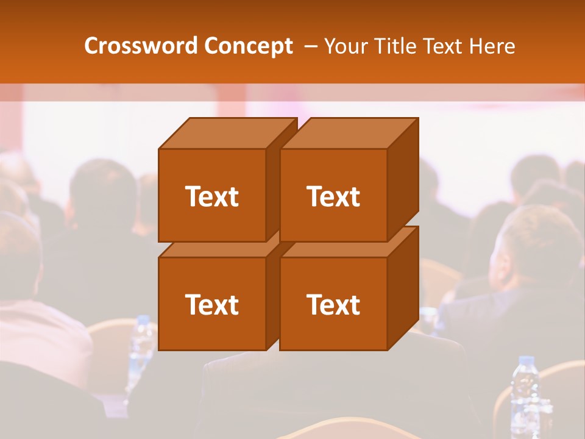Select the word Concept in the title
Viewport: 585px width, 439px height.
(x=248, y=46)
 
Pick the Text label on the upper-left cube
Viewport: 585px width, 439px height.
(x=211, y=196)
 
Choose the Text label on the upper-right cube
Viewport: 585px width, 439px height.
(x=333, y=196)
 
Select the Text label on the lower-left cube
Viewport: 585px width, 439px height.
(x=211, y=304)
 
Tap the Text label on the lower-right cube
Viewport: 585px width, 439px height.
(x=333, y=304)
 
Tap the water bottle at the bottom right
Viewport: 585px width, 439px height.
(x=525, y=396)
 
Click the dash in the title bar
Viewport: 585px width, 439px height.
(x=310, y=46)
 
